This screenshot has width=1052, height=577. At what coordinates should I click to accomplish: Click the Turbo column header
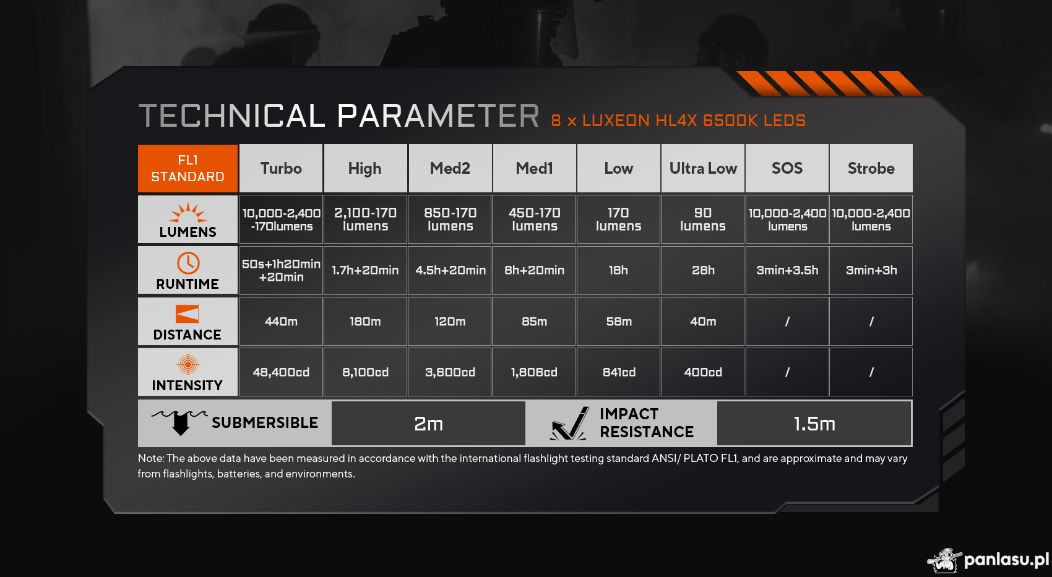point(281,168)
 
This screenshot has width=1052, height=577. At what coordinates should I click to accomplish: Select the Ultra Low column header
point(702,168)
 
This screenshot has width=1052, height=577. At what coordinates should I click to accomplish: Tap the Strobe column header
point(871,168)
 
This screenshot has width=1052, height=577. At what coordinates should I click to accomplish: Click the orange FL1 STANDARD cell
point(188,168)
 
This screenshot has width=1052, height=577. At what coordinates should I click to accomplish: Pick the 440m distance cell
point(281,322)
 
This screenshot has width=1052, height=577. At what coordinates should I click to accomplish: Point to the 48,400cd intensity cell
point(281,372)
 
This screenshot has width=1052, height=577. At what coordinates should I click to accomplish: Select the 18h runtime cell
point(618,270)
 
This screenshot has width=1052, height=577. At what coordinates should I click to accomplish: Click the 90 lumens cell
point(702,220)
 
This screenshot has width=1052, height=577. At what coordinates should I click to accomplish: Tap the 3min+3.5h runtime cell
point(787,270)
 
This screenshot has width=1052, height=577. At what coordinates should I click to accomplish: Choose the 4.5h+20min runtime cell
point(450,270)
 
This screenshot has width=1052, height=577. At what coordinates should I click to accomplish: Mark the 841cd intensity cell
point(618,372)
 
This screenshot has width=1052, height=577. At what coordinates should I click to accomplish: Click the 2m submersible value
point(428,424)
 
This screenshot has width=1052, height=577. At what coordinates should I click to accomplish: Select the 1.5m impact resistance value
point(814,424)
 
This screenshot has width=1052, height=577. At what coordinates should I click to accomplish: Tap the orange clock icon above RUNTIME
point(188,263)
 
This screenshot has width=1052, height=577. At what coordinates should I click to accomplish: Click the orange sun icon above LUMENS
point(188,213)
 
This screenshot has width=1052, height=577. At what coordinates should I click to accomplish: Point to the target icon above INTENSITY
point(188,364)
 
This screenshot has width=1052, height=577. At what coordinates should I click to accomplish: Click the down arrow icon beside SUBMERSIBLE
point(180,422)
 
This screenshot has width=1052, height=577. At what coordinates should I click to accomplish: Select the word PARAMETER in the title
point(438,116)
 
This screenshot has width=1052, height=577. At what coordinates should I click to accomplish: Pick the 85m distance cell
point(534,322)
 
